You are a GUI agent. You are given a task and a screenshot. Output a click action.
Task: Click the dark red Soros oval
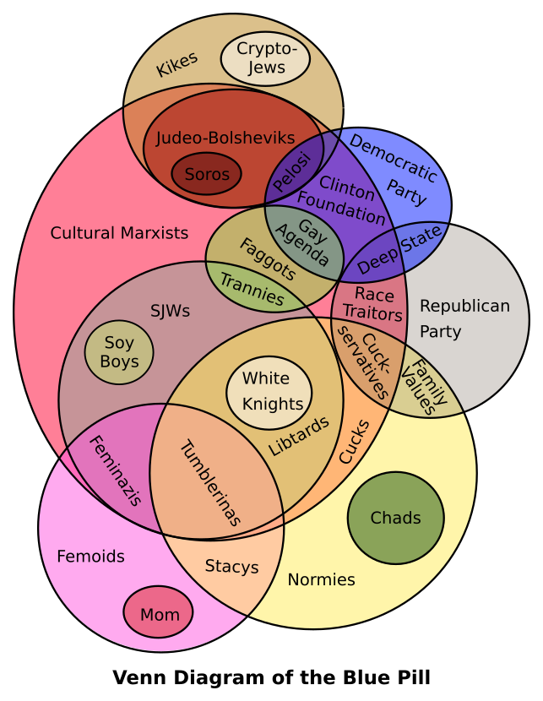click(206, 174)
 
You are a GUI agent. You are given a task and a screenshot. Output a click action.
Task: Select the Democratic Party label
click(394, 169)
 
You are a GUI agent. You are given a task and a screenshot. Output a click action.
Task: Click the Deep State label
click(399, 250)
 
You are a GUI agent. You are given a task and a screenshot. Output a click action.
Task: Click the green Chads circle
click(395, 518)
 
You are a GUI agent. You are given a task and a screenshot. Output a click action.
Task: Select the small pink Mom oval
click(159, 613)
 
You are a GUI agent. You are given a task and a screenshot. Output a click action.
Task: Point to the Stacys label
click(231, 566)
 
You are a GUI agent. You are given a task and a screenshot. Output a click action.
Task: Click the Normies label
click(321, 579)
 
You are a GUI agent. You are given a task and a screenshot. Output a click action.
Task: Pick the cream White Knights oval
click(269, 391)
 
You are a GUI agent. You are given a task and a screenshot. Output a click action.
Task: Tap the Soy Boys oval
click(119, 352)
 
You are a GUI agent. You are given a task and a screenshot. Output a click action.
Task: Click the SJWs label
click(170, 310)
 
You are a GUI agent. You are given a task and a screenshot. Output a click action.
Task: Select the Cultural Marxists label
click(119, 232)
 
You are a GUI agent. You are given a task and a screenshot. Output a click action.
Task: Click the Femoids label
click(90, 556)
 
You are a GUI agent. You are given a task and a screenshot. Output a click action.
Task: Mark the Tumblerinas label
click(210, 483)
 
